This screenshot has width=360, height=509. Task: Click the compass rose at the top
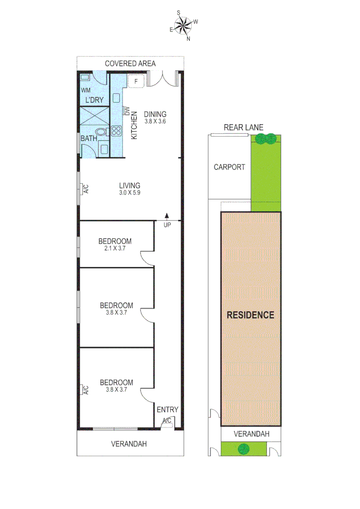184,25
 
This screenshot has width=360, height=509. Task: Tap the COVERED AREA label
130,64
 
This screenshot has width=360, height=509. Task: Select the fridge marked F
136,81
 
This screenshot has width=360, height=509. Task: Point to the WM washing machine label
86,90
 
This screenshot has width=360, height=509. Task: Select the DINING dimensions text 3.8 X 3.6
155,121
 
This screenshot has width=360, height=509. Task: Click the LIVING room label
130,186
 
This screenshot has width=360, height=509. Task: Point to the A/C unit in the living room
86,189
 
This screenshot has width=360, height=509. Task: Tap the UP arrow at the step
167,216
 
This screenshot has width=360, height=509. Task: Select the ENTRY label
167,410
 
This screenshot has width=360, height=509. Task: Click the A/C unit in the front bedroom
86,390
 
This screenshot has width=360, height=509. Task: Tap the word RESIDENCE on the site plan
250,315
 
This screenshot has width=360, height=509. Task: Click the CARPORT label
229,167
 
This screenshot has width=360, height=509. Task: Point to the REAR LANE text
244,127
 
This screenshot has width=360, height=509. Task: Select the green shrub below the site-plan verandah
244,449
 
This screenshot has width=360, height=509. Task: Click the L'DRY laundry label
94,100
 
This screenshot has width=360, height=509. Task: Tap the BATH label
89,139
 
